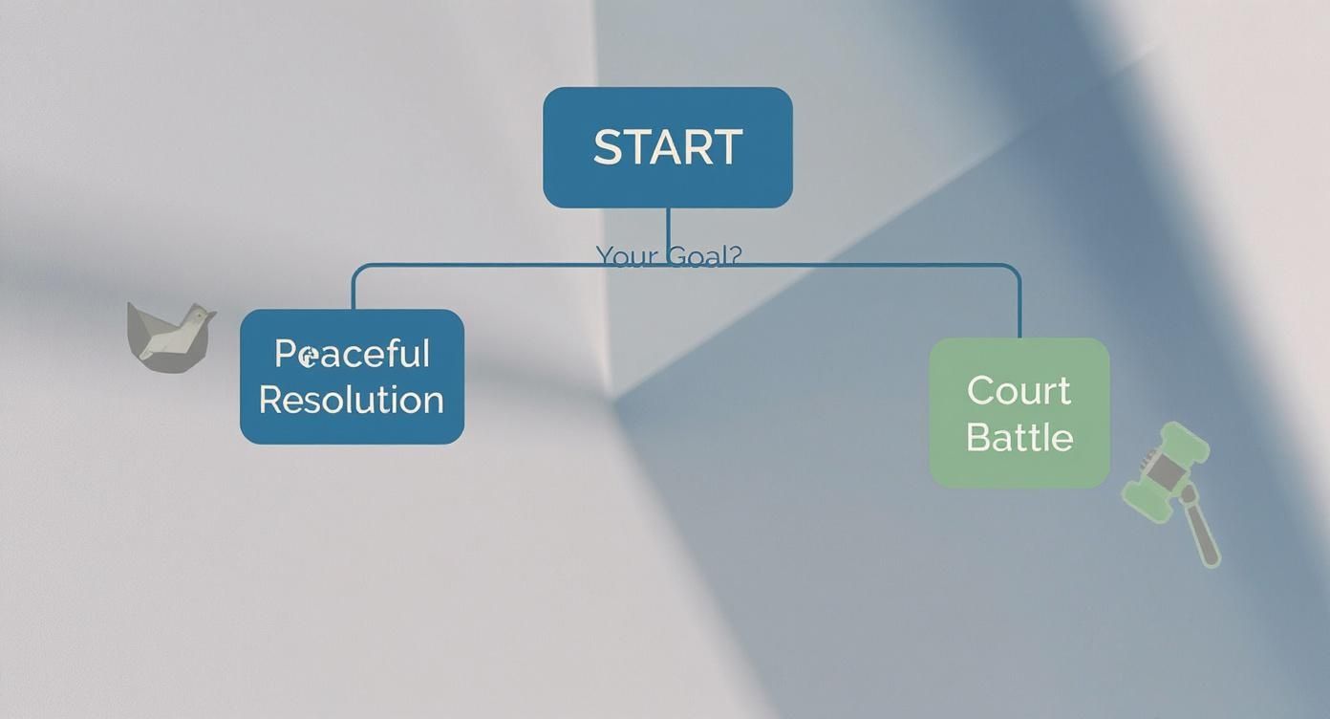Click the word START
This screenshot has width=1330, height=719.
pyautogui.click(x=667, y=147)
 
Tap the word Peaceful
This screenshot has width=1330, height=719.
pyautogui.click(x=352, y=354)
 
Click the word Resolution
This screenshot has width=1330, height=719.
pyautogui.click(x=352, y=400)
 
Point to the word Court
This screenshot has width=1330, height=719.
pyautogui.click(x=1019, y=390)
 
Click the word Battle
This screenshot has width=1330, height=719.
pyautogui.click(x=1019, y=437)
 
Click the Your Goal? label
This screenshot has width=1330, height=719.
pyautogui.click(x=668, y=255)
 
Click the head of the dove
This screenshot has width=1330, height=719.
pyautogui.click(x=199, y=316)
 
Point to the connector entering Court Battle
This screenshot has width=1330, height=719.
pyautogui.click(x=1019, y=306)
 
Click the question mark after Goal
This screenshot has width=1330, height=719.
pyautogui.click(x=735, y=255)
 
